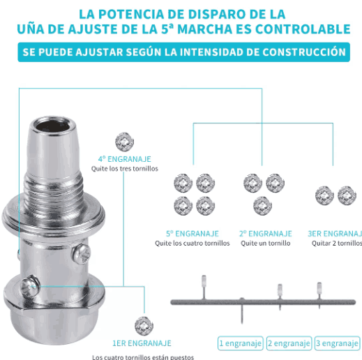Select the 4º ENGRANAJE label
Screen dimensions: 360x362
(124, 158)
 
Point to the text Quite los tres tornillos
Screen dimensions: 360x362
(125, 169)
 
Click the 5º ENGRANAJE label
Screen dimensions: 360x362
(192, 233)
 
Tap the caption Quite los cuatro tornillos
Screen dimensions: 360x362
(192, 243)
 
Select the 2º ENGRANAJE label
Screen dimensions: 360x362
(265, 233)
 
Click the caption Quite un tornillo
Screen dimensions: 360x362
(265, 243)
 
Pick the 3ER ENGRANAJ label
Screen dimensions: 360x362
(335, 233)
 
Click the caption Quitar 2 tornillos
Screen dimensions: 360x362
(337, 243)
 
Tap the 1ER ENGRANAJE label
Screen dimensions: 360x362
(142, 343)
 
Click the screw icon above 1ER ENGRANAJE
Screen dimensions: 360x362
(143, 324)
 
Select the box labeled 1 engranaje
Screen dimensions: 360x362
(241, 343)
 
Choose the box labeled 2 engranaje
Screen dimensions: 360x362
(289, 343)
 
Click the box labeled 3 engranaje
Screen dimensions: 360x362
(337, 343)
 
